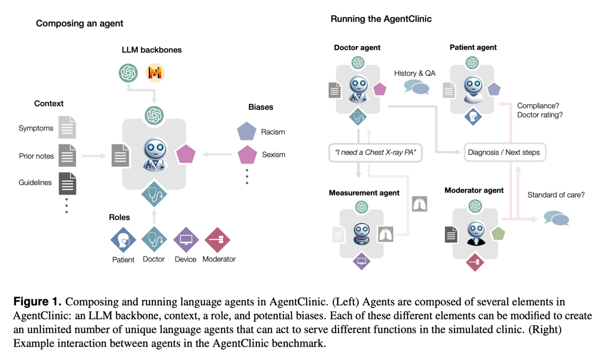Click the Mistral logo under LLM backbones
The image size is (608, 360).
click(155, 73)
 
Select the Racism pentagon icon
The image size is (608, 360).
click(247, 132)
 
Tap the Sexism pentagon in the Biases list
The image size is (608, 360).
click(247, 154)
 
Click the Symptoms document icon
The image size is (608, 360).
click(67, 128)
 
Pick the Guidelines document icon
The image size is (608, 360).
click(67, 183)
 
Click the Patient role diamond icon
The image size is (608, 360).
click(123, 240)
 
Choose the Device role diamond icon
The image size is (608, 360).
click(186, 240)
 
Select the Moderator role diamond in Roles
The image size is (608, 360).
click(217, 240)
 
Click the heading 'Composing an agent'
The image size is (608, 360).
click(80, 23)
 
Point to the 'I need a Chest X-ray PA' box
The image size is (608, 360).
click(375, 152)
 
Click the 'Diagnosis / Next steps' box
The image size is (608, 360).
click(504, 152)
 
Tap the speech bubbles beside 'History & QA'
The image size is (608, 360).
click(416, 88)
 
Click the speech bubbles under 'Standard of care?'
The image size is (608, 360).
click(556, 218)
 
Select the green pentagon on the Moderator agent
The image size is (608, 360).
click(498, 233)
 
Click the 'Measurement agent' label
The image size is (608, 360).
click(364, 192)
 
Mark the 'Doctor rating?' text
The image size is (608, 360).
click(540, 114)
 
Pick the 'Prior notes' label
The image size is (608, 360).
click(36, 156)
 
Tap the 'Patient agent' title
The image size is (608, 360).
click(473, 48)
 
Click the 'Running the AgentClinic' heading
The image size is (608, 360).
click(381, 19)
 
